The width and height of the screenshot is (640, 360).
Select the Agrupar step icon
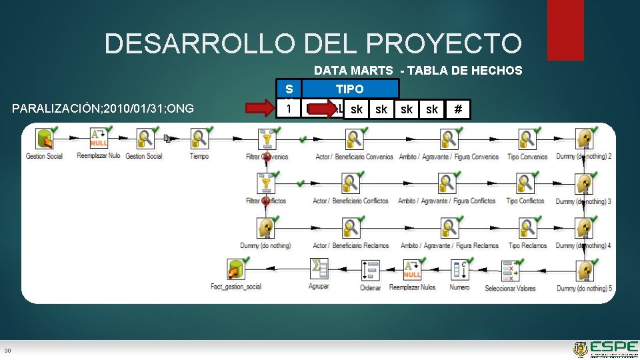point(319,269)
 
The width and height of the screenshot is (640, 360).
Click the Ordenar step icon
point(370,270)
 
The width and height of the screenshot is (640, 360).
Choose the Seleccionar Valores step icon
point(510,270)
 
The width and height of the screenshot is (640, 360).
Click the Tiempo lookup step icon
point(199,139)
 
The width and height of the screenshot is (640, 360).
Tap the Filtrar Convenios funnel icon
point(266,139)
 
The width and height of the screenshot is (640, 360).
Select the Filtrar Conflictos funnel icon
point(266,183)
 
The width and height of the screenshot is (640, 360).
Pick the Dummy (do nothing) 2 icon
point(585,139)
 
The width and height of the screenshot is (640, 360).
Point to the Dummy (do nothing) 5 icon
point(585,271)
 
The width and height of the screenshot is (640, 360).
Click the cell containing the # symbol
point(457,109)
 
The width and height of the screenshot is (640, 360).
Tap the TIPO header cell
point(349,89)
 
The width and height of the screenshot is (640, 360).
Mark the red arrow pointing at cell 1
point(259,108)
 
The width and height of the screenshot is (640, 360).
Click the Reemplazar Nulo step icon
point(99,139)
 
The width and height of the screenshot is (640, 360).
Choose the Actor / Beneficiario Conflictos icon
point(351,183)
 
